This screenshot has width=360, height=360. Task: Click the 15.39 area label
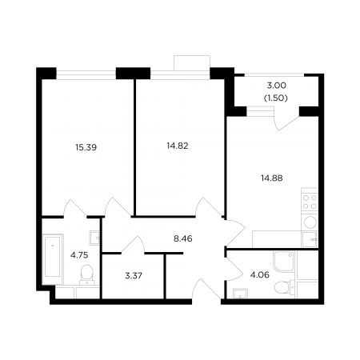click(x=86, y=147)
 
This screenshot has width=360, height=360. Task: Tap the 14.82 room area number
click(x=178, y=146)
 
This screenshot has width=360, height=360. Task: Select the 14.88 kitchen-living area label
click(x=272, y=178)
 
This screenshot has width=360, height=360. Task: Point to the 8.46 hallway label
click(x=183, y=238)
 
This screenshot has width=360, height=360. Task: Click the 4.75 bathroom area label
click(x=79, y=255)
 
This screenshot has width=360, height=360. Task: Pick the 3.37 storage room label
click(x=134, y=275)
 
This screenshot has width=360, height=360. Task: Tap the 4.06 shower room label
click(x=260, y=274)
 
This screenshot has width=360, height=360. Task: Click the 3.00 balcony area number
click(x=276, y=86)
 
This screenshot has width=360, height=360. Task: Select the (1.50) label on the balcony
click(x=276, y=98)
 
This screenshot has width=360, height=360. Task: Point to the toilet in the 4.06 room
click(x=283, y=288)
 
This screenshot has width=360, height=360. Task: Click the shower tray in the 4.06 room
click(x=283, y=261)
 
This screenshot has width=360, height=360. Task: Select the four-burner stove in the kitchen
click(x=310, y=202)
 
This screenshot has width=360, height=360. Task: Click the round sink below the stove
click(x=310, y=222)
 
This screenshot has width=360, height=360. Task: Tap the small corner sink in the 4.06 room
click(x=240, y=294)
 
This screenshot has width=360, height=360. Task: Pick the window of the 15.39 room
click(x=86, y=74)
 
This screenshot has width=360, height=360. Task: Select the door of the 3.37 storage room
click(x=134, y=245)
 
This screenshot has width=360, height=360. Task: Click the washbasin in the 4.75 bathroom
click(x=94, y=238)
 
